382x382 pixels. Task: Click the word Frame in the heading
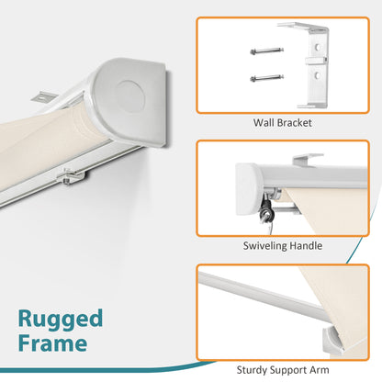[52, 343]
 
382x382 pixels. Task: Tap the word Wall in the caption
[263, 123]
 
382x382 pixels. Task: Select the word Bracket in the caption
[293, 123]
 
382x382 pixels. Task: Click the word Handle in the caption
[306, 245]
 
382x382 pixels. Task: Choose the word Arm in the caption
[319, 370]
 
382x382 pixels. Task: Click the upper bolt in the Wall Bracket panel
[266, 51]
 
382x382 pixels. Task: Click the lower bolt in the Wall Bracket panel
[266, 78]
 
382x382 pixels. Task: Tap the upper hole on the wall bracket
[319, 48]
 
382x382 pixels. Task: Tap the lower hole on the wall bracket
[318, 75]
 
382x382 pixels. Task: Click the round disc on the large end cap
[130, 95]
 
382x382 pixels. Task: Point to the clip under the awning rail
[73, 176]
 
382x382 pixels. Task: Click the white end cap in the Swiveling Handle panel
[248, 189]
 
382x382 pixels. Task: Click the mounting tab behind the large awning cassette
[43, 96]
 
